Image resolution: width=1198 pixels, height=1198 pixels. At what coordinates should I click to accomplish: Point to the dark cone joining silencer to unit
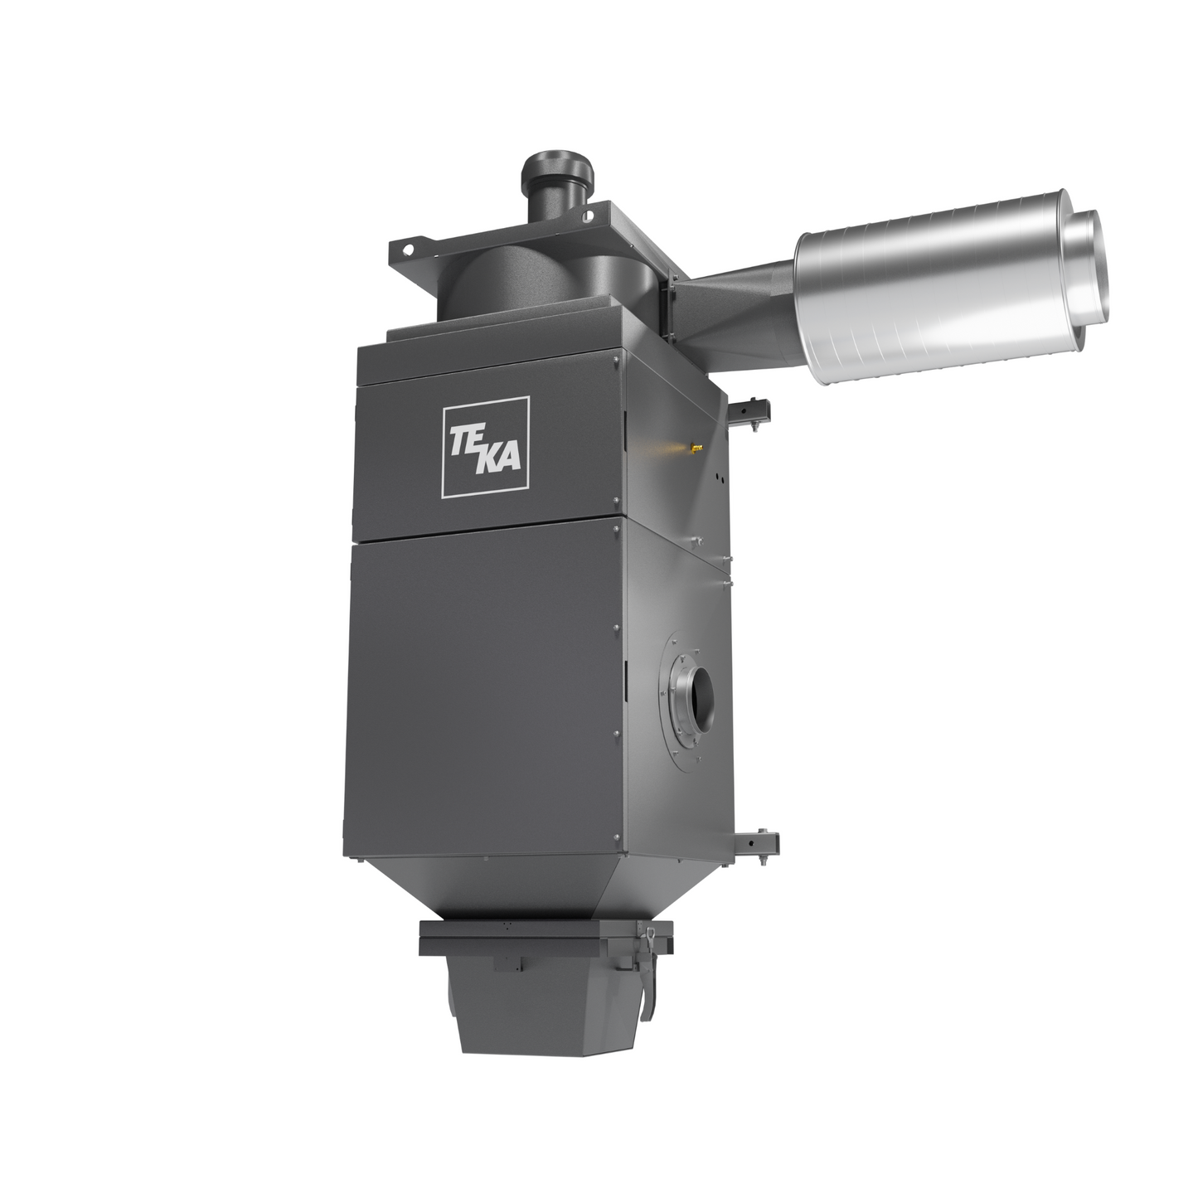[734, 305]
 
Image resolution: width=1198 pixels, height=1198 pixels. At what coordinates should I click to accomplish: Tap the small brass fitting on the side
[696, 446]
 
